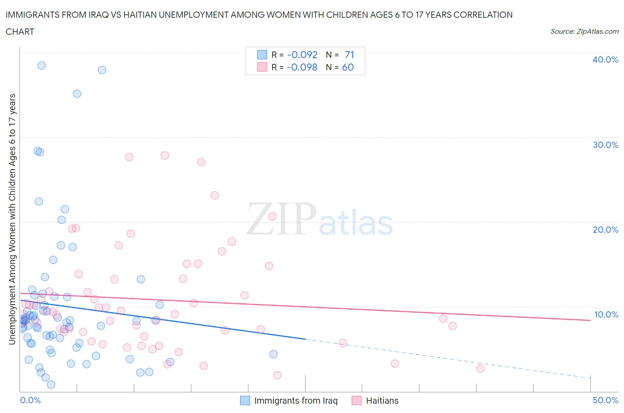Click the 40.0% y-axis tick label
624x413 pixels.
605,60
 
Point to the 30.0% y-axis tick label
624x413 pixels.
605,145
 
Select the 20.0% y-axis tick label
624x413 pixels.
605,230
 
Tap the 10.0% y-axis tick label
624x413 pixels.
606,314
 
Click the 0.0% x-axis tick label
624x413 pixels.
30,400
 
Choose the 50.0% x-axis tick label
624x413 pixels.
605,400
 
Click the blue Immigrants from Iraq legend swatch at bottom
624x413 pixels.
245,401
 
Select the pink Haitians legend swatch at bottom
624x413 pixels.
356,401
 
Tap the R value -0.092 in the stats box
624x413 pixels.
302,55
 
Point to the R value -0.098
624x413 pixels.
302,67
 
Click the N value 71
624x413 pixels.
349,55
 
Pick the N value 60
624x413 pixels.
348,67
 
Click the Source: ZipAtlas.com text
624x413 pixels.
584,31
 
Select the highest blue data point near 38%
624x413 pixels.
41,65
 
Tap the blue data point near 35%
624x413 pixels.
77,94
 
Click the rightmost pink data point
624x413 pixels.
480,369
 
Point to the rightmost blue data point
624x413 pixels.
273,354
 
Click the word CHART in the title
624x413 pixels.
20,32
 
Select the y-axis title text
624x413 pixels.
12,219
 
